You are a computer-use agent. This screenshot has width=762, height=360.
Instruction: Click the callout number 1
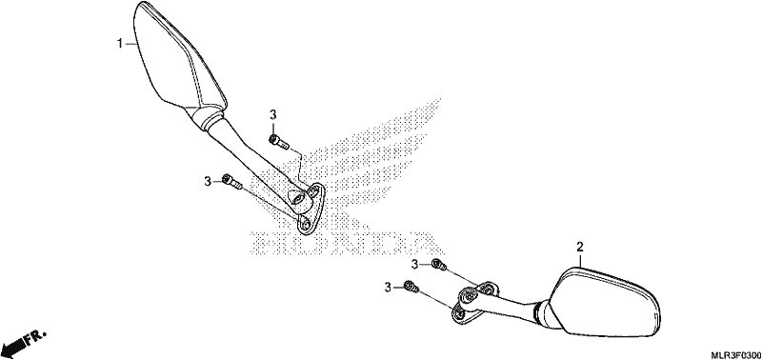120,44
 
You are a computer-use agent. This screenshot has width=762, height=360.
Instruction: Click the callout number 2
579,248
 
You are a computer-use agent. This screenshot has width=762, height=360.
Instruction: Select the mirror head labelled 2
604,302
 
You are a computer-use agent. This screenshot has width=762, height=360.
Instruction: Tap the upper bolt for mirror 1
279,142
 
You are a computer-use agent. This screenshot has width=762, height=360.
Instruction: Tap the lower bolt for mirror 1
231,181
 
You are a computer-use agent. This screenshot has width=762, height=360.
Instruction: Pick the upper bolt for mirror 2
439,265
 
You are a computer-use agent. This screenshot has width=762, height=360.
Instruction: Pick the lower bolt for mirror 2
411,287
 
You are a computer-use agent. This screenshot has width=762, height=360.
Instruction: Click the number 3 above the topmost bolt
272,115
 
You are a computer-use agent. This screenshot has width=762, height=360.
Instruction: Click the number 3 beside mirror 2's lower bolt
388,288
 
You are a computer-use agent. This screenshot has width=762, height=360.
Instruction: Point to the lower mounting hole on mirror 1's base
305,226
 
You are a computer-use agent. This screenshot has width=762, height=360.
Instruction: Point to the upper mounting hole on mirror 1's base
316,191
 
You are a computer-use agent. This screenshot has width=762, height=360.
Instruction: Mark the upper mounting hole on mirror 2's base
487,290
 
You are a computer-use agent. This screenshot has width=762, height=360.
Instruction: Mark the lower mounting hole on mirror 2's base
459,314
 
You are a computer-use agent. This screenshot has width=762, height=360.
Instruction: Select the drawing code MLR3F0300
732,354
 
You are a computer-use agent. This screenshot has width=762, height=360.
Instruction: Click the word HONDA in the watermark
340,243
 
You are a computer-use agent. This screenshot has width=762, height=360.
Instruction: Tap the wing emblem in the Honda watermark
365,165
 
